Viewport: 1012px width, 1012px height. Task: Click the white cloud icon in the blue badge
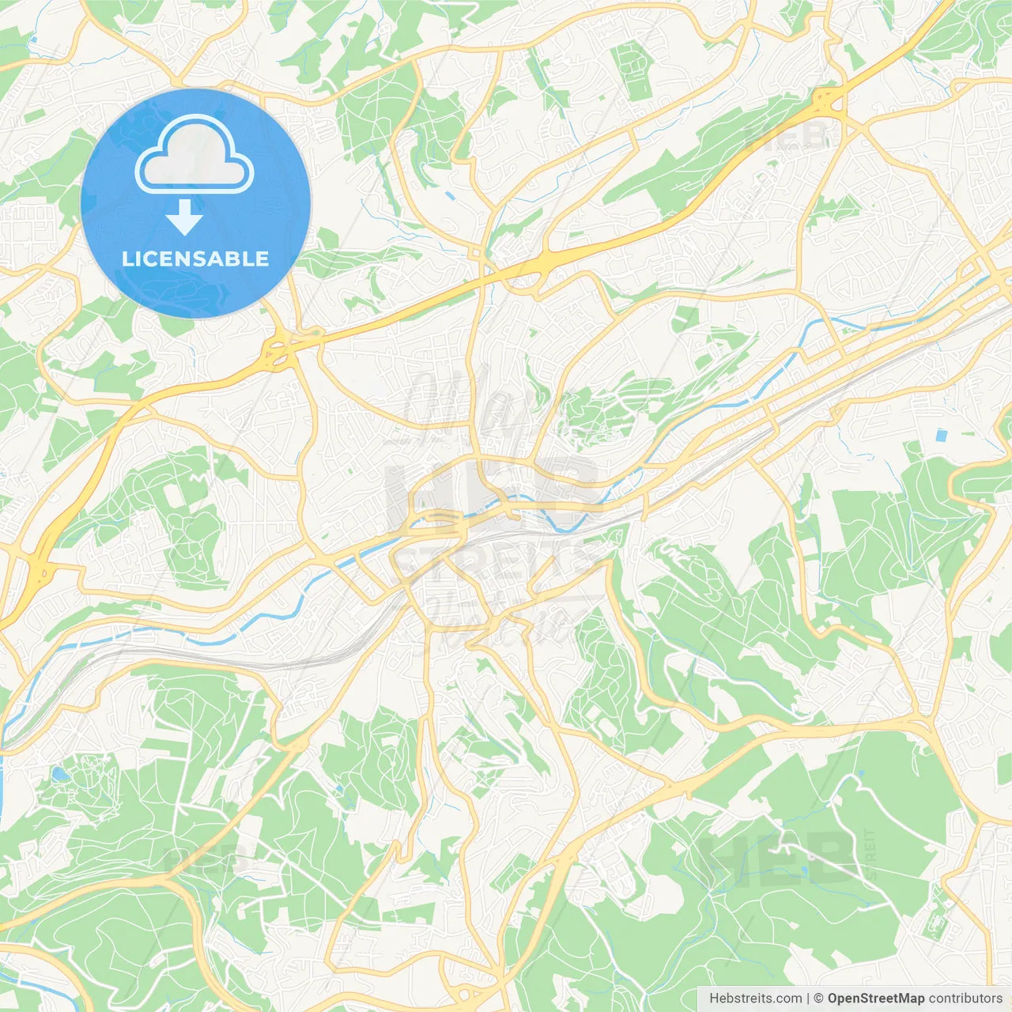194,155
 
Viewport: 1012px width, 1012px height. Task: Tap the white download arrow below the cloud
184,217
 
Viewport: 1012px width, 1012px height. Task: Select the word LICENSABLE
195,259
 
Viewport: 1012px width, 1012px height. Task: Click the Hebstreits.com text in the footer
755,999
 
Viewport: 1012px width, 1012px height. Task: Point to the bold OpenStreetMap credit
875,999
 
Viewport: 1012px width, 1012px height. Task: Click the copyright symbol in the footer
818,999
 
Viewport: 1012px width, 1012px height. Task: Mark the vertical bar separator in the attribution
808,999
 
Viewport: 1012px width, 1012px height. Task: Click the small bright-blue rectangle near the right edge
940,435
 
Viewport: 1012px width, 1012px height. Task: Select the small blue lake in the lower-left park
59,774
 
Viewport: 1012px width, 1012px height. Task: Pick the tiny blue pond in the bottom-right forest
804,870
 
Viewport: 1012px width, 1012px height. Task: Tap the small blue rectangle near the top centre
449,194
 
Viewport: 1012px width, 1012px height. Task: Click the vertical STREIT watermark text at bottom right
870,854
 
